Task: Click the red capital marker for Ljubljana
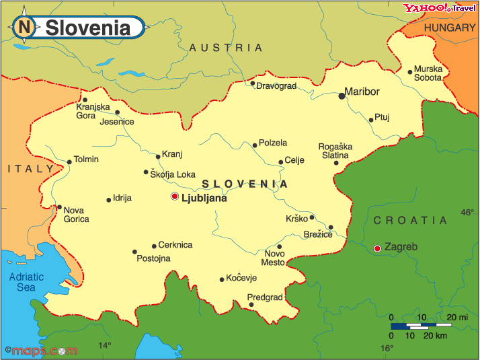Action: pyautogui.click(x=175, y=196)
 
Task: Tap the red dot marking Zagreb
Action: pyautogui.click(x=377, y=248)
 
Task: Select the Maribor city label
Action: pyautogui.click(x=362, y=92)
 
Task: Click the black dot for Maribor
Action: pyautogui.click(x=342, y=96)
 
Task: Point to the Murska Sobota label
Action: pyautogui.click(x=428, y=73)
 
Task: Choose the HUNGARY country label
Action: pyautogui.click(x=450, y=28)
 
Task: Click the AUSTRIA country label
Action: pyautogui.click(x=226, y=48)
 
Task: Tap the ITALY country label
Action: pyautogui.click(x=30, y=168)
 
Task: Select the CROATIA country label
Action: pyautogui.click(x=410, y=220)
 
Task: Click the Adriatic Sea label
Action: pyautogui.click(x=26, y=282)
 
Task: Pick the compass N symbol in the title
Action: pyautogui.click(x=25, y=28)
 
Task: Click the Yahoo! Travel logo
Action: pyautogui.click(x=439, y=8)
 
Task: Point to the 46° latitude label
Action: pyautogui.click(x=467, y=213)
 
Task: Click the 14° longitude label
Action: pyautogui.click(x=105, y=346)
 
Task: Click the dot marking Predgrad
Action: pyautogui.click(x=251, y=304)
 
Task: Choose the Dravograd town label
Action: pyautogui.click(x=276, y=86)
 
